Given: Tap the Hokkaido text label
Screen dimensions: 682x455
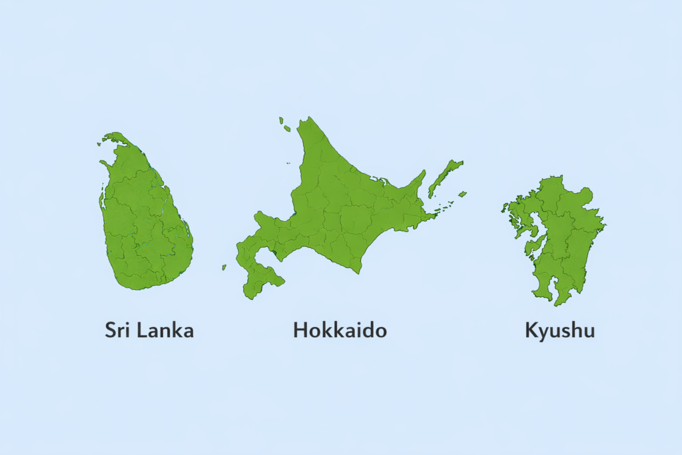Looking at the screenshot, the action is point(340,330).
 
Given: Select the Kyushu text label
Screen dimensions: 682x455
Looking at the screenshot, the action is point(559,330).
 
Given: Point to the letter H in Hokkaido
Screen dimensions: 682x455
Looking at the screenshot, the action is point(300,330).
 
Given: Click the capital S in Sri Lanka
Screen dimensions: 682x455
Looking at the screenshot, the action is point(111,330).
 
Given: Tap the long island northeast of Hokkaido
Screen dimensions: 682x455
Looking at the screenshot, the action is point(445,177).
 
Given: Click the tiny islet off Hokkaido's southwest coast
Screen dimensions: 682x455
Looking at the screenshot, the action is point(224,267).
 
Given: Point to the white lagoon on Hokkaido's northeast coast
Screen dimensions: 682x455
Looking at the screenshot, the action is point(384,180).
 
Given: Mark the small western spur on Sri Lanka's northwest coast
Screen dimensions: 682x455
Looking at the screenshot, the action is point(103,163).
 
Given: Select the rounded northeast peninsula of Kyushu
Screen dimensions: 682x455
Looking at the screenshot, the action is point(584,195).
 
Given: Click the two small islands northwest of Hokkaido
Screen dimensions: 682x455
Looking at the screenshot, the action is point(284,125).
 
